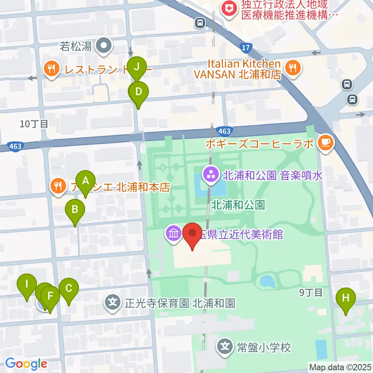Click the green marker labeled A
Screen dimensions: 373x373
pyautogui.click(x=85, y=181)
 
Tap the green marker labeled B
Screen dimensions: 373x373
pyautogui.click(x=75, y=210)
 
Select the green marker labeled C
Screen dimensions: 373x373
pyautogui.click(x=69, y=289)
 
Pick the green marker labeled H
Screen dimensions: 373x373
pyautogui.click(x=346, y=298)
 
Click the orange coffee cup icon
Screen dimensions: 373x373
pyautogui.click(x=325, y=142)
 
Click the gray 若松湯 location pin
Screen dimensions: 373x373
pyautogui.click(x=104, y=47)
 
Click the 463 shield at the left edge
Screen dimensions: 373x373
pyautogui.click(x=15, y=146)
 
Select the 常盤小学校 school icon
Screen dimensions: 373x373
pyautogui.click(x=225, y=345)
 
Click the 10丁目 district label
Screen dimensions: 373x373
pyautogui.click(x=34, y=124)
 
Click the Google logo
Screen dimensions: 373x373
pyautogui.click(x=26, y=364)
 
